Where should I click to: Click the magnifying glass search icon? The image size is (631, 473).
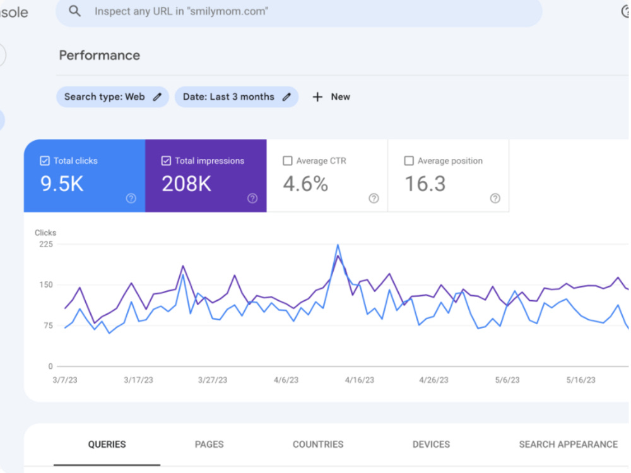(75, 11)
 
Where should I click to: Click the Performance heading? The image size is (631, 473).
(100, 55)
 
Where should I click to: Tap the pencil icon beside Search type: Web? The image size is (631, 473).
(157, 97)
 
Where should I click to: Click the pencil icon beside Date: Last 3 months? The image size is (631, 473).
(286, 97)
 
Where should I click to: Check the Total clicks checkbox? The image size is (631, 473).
(45, 161)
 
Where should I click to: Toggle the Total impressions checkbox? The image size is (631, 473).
(166, 161)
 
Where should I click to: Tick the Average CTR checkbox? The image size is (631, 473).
(287, 161)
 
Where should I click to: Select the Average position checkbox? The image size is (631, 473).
(409, 161)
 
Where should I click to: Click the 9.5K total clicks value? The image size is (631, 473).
(62, 184)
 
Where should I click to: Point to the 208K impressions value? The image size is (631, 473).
(186, 184)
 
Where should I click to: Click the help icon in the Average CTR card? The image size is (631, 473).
(374, 198)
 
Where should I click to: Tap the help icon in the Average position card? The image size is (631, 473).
(495, 198)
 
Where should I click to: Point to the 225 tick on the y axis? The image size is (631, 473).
(46, 244)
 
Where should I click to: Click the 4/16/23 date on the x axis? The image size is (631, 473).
(360, 380)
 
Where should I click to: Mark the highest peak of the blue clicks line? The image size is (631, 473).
(338, 245)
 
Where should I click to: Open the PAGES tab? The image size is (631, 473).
(209, 445)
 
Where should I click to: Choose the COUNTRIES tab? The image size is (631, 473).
(318, 445)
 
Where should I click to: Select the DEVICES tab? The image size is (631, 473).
(431, 445)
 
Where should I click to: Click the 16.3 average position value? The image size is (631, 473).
(425, 184)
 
